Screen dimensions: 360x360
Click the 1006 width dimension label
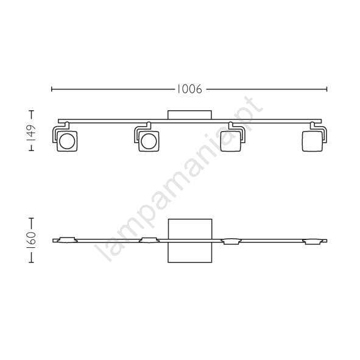coord(189,89)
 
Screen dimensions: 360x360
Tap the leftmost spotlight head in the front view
coord(67,141)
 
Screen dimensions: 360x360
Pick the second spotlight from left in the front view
coord(149,141)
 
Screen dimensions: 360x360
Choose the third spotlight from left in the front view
coord(230,141)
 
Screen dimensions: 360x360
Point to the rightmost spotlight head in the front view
coord(312,141)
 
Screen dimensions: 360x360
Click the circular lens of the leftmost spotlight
coord(67,141)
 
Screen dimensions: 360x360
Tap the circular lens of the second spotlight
coord(149,141)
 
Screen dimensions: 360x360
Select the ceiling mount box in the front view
coord(189,115)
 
